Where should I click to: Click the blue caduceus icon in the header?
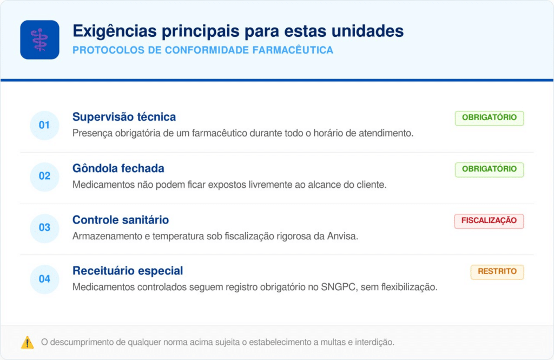click(x=39, y=40)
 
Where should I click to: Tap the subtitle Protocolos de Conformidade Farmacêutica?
click(x=203, y=50)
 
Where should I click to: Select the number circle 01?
click(x=44, y=125)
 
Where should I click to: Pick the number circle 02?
click(x=44, y=176)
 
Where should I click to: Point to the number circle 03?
click(x=44, y=227)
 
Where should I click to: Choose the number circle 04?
click(x=44, y=279)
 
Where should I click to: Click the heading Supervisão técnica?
click(x=124, y=117)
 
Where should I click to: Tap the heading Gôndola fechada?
click(x=118, y=168)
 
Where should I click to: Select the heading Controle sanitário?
click(x=121, y=220)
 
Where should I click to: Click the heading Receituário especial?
click(x=128, y=271)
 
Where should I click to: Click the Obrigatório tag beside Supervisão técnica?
click(x=489, y=118)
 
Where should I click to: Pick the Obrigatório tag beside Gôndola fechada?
click(x=489, y=169)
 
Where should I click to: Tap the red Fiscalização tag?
click(x=489, y=221)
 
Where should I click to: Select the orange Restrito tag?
click(x=497, y=272)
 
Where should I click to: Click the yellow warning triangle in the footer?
click(x=27, y=342)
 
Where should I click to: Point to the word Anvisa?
click(x=345, y=236)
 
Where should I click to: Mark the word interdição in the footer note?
click(x=375, y=342)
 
